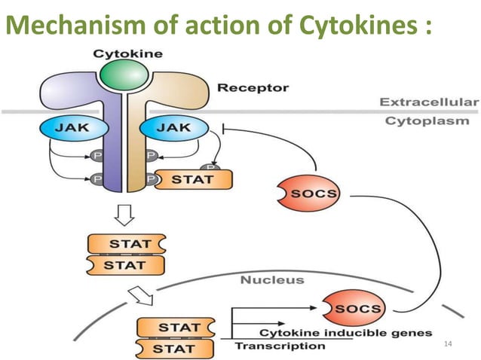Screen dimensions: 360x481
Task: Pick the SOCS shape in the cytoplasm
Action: click(310, 192)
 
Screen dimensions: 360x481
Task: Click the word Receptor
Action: click(253, 88)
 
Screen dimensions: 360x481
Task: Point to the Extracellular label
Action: click(427, 102)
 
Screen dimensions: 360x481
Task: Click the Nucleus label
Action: click(272, 280)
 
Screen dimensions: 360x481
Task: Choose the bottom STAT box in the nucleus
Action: click(173, 348)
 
